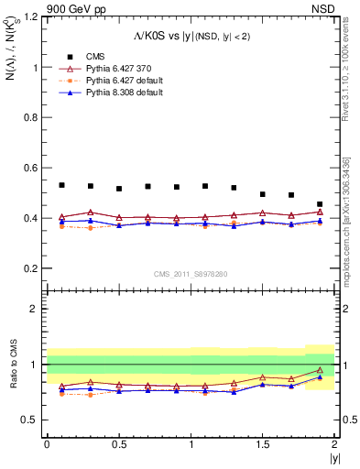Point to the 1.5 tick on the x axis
[263, 444]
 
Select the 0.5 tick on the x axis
[119, 444]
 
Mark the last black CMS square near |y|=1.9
[320, 204]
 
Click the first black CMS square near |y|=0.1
[61, 185]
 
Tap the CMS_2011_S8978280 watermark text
[191, 273]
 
